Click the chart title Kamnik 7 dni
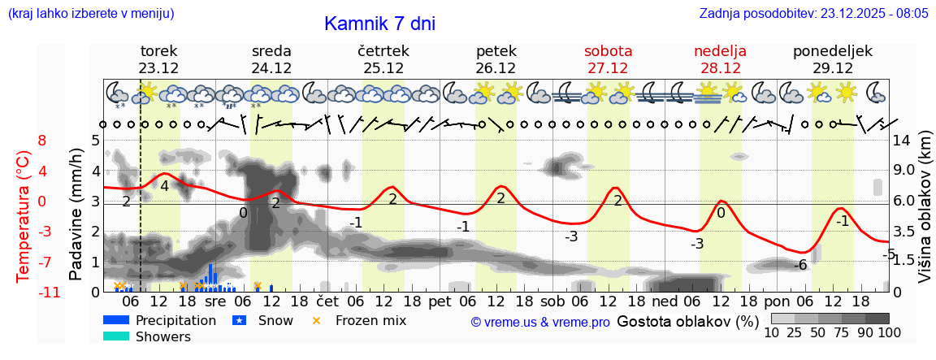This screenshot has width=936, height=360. click(x=379, y=24)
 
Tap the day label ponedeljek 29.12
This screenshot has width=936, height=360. click(x=833, y=59)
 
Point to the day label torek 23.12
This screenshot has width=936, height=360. click(x=158, y=59)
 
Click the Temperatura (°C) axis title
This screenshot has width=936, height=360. click(x=24, y=215)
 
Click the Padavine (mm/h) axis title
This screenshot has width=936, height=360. click(x=76, y=215)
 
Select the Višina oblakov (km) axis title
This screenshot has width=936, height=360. click(x=925, y=215)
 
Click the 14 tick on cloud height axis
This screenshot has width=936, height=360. click(x=901, y=140)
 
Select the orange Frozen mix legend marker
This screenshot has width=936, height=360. click(x=317, y=320)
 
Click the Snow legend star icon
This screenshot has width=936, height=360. click(x=240, y=320)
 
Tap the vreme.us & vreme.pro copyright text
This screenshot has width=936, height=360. click(x=540, y=322)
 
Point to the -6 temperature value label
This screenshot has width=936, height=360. click(x=800, y=265)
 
